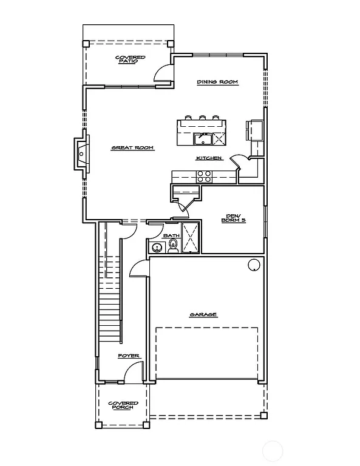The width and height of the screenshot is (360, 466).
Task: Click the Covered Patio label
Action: tap(127, 59)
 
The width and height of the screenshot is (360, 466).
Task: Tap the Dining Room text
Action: tap(217, 82)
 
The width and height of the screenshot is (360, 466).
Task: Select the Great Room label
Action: tap(132, 147)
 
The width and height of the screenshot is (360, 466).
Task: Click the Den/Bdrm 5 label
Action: tap(233, 218)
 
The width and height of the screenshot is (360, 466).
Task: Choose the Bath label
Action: tap(171, 235)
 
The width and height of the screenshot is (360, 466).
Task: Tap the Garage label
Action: tap(203, 314)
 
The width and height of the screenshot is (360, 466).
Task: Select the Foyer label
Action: tap(129, 356)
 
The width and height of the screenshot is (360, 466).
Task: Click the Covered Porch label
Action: tap(123, 405)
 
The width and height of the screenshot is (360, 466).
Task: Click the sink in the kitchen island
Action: tap(203, 140)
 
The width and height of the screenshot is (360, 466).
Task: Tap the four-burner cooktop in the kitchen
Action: tap(204, 177)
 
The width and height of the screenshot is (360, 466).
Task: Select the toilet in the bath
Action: tap(173, 246)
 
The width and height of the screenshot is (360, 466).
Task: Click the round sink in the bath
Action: tap(157, 248)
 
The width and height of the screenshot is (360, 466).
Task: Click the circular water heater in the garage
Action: tap(253, 265)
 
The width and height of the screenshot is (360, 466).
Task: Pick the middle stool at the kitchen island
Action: tap(201, 118)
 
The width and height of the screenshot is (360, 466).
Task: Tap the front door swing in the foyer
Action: tap(135, 372)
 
